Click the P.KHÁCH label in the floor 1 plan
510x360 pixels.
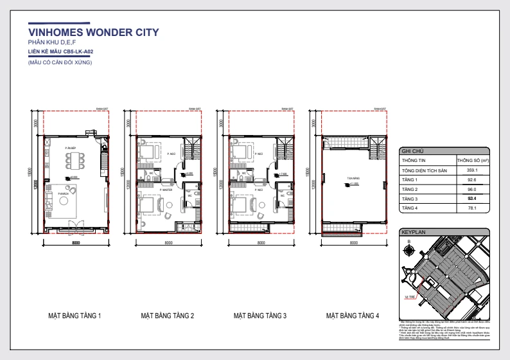pos(63,194)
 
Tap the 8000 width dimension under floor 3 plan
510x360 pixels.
pos(261,243)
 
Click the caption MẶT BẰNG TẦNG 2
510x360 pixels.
pos(168,316)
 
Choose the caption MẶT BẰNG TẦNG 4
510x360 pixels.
pos(352,316)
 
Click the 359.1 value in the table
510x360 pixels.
pos(470,170)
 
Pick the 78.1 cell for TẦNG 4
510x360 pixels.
pos(470,209)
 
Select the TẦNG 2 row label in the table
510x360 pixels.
pos(410,190)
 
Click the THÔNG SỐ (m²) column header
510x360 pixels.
pos(470,160)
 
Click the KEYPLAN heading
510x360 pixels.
pos(413,230)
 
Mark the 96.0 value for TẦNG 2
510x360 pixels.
pos(470,190)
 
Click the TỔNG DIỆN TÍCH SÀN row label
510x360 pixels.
pos(425,170)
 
